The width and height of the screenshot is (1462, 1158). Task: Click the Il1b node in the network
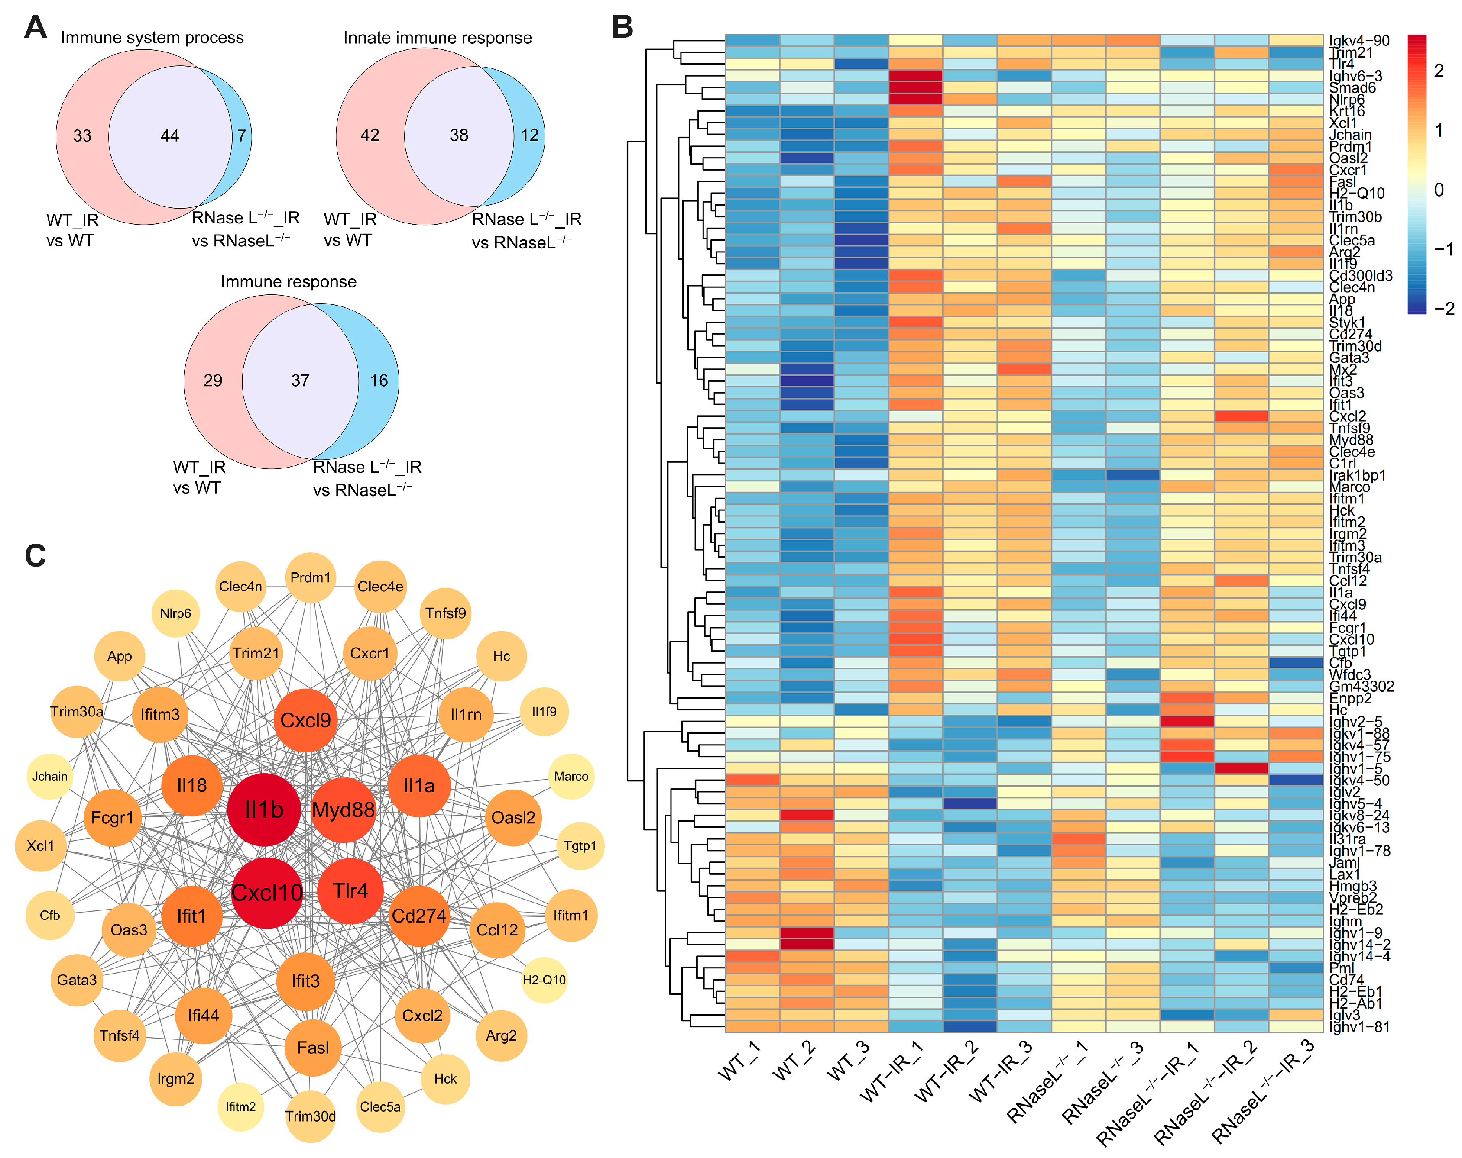(x=264, y=810)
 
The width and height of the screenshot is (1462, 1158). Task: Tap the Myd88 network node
(x=343, y=810)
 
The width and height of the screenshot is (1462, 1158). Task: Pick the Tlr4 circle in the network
(x=350, y=890)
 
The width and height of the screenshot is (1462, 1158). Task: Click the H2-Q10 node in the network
(x=544, y=980)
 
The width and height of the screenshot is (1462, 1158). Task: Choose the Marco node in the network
(x=571, y=777)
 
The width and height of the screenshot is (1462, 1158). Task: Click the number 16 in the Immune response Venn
(x=379, y=381)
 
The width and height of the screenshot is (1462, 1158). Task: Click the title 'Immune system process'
(x=152, y=38)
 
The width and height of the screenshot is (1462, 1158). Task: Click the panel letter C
(x=35, y=555)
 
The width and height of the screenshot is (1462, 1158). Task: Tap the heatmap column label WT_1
(x=740, y=1061)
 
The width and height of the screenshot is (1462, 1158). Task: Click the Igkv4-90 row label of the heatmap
(x=1359, y=41)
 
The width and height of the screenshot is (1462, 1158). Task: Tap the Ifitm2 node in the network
(x=241, y=1106)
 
